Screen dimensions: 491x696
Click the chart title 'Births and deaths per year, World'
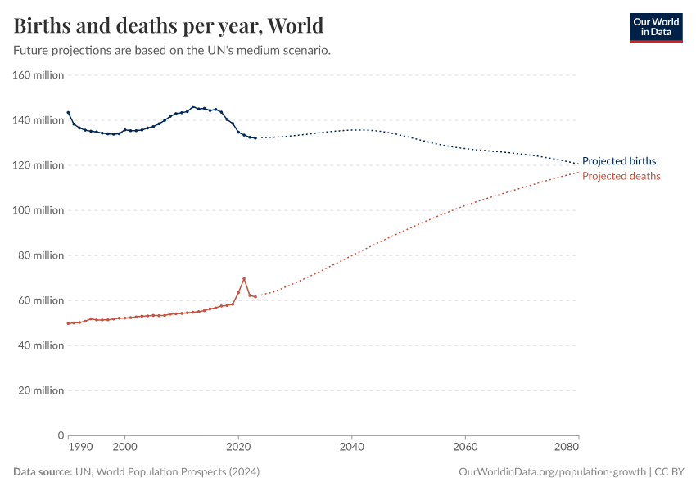point(168,25)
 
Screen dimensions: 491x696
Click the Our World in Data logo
point(655,27)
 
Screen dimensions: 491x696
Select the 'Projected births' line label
point(618,161)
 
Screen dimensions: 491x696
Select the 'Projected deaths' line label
point(621,176)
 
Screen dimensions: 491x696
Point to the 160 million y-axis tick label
point(38,75)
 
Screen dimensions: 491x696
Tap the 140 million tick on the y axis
point(38,120)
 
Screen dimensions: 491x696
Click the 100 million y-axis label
point(38,210)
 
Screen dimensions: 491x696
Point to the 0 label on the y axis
point(61,435)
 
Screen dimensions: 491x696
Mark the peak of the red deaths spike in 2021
point(244,279)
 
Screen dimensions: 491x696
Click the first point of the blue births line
point(68,113)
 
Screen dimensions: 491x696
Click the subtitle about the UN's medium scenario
point(172,50)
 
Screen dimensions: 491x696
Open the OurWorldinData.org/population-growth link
point(553,472)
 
